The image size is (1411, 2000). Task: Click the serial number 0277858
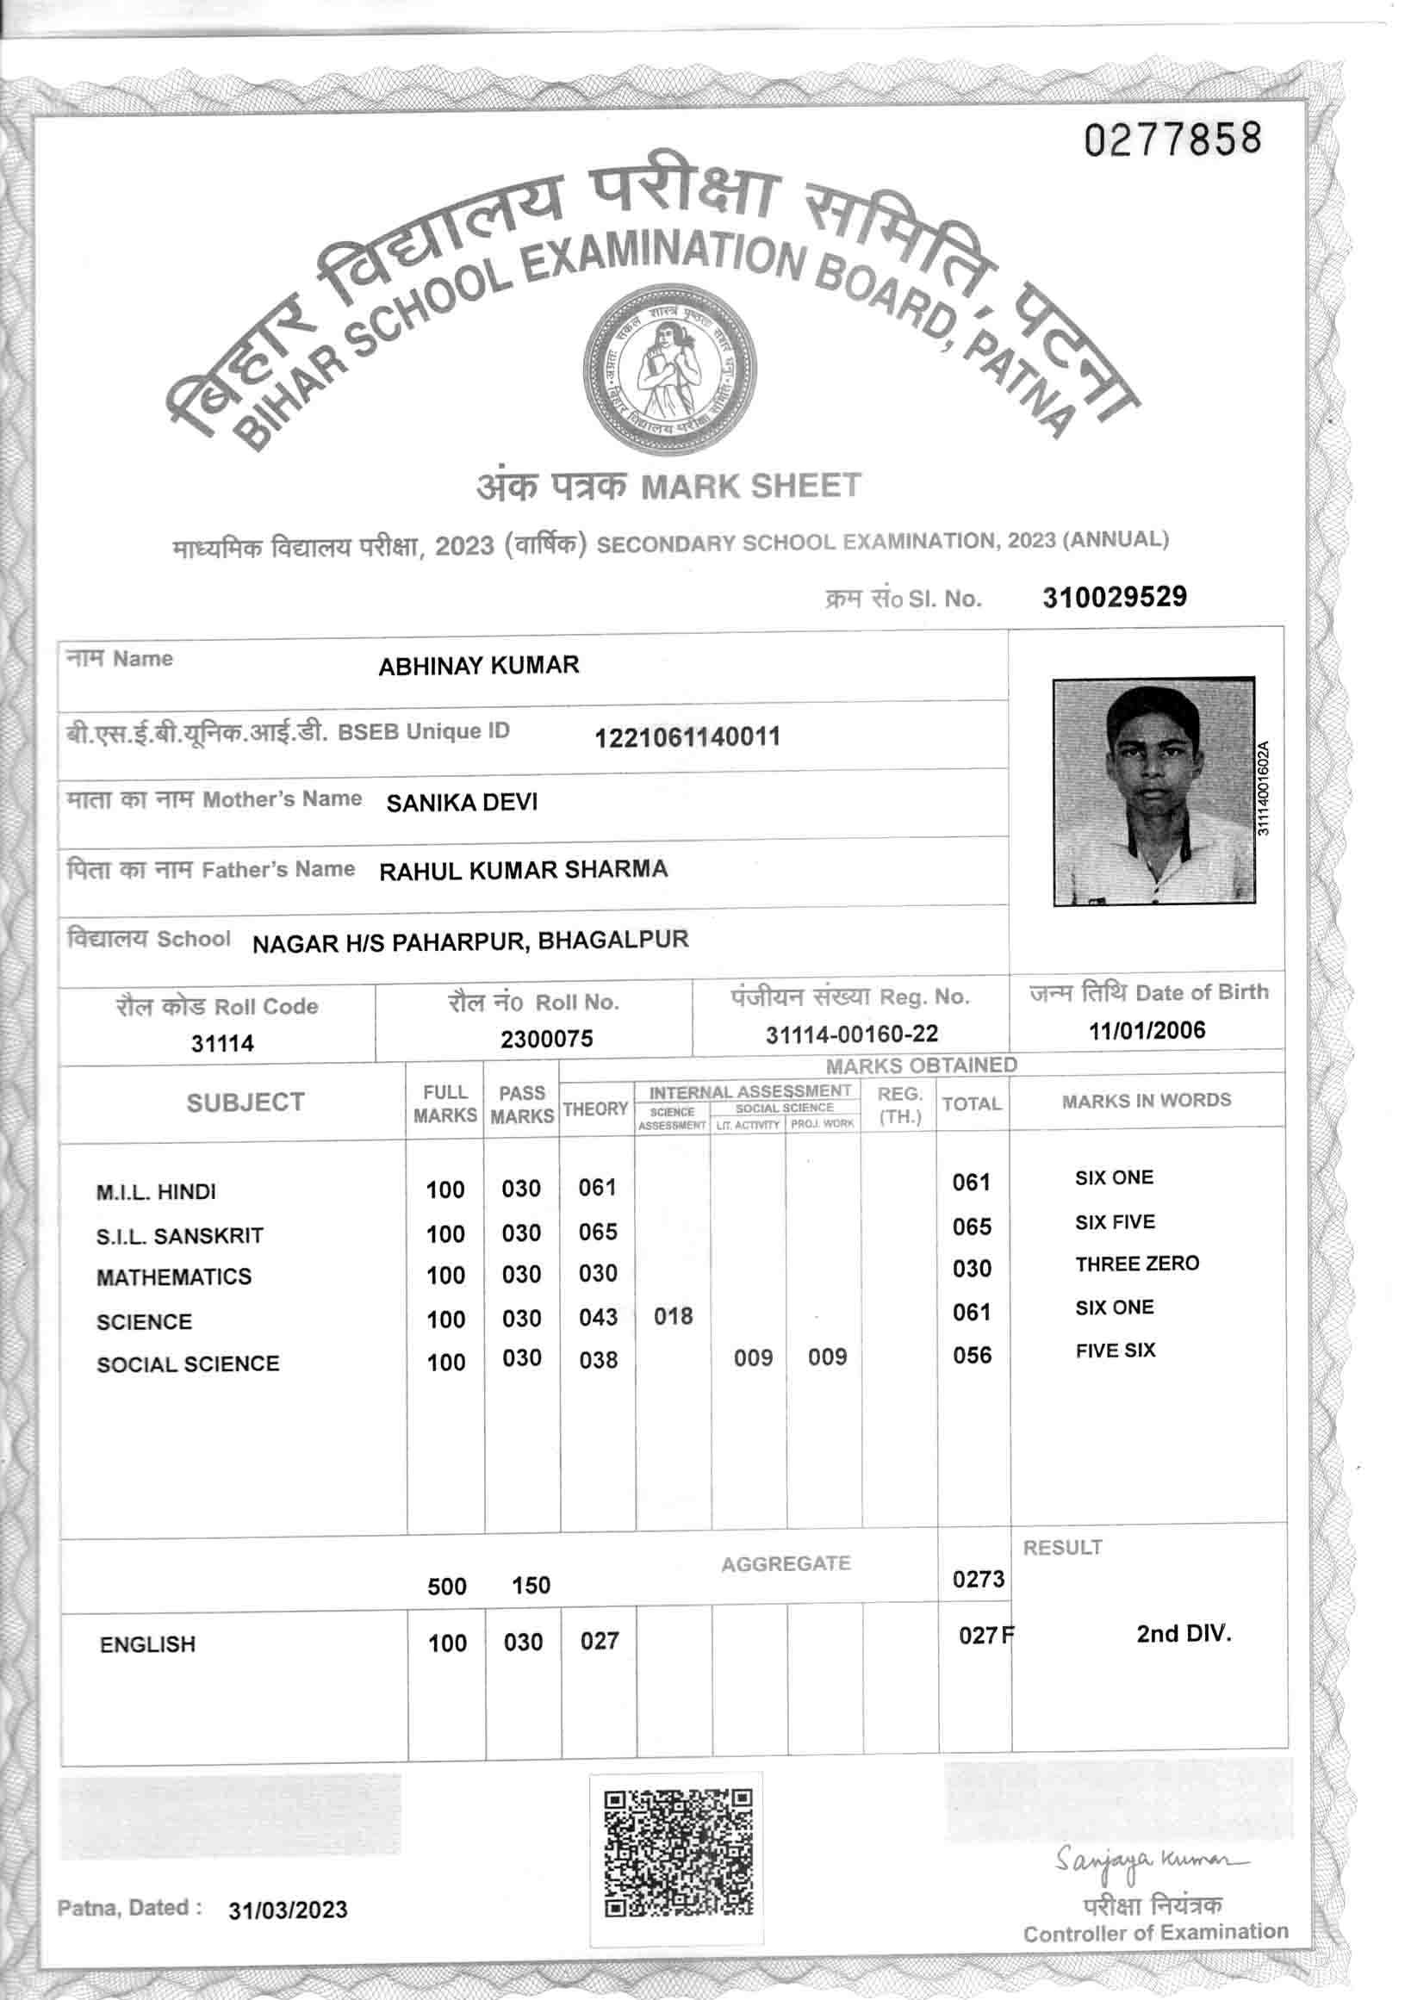tap(1172, 140)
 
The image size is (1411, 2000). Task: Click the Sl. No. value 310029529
tap(1114, 597)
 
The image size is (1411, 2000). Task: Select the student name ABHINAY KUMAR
tap(478, 666)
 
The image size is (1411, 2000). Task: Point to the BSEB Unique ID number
tap(687, 737)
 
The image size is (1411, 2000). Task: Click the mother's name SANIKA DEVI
tap(462, 802)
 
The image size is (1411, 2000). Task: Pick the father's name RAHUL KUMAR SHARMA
tap(524, 870)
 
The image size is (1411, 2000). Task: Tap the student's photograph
tap(1153, 791)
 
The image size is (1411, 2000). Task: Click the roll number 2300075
tap(546, 1038)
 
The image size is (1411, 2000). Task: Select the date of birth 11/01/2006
tap(1147, 1030)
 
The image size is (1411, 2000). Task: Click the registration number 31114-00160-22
tap(851, 1034)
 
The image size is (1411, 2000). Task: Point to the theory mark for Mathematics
tap(598, 1274)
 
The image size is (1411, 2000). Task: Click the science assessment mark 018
tap(674, 1316)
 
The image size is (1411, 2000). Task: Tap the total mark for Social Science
tap(971, 1356)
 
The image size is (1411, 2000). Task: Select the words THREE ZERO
tap(1137, 1264)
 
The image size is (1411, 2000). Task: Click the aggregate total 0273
tap(977, 1580)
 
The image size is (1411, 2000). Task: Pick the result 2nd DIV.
tap(1183, 1633)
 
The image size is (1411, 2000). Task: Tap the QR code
tap(678, 1852)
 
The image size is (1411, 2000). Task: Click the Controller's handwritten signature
tap(1151, 1860)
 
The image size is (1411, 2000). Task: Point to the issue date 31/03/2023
tap(288, 1910)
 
